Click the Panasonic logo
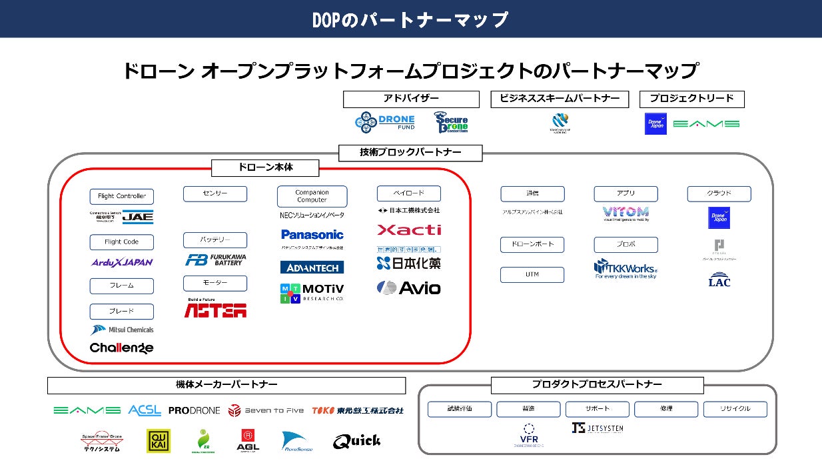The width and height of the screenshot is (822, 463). (x=312, y=235)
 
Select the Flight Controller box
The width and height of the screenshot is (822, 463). (x=122, y=196)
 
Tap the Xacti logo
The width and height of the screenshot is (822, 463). (x=409, y=230)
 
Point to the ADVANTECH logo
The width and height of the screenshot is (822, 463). (x=312, y=268)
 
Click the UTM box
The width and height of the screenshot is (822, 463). (x=532, y=275)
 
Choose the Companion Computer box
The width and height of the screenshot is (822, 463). (x=312, y=196)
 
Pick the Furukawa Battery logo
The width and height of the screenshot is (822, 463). (x=214, y=260)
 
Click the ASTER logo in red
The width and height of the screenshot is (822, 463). (x=215, y=310)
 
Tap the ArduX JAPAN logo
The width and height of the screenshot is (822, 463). (x=122, y=262)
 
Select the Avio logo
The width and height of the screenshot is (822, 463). (x=409, y=288)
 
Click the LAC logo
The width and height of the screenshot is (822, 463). (x=719, y=280)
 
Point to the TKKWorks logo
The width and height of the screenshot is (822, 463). (x=625, y=268)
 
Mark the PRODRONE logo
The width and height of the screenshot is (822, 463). (x=194, y=410)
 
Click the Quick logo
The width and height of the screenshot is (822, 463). (x=357, y=441)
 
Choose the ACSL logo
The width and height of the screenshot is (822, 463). (x=145, y=410)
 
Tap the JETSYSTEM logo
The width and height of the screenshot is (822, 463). (x=597, y=428)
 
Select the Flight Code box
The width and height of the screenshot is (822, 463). (x=122, y=242)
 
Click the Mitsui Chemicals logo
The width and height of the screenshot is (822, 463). (x=122, y=330)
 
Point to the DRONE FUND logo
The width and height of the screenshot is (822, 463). (x=386, y=122)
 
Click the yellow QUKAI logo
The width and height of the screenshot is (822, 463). (x=159, y=441)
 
